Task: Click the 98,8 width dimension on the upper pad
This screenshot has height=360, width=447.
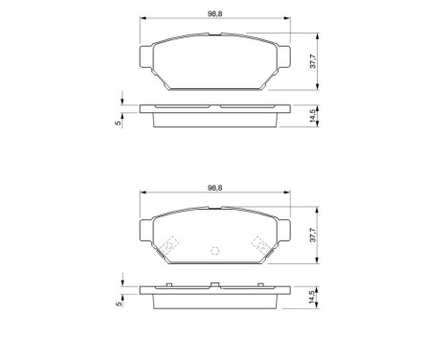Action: click(x=214, y=12)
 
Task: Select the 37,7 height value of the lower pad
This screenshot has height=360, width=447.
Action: click(x=313, y=237)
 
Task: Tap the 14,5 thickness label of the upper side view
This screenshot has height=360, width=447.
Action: click(x=313, y=115)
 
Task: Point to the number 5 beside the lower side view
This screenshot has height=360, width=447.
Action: click(x=116, y=304)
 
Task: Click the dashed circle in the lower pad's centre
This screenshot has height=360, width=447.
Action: click(x=214, y=251)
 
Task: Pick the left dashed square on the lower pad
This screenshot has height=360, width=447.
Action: click(x=169, y=245)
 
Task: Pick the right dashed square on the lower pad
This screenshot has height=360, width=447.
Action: click(x=259, y=245)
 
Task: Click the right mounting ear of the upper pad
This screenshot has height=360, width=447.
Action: click(x=284, y=59)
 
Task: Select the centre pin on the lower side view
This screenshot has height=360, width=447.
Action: click(x=214, y=283)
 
